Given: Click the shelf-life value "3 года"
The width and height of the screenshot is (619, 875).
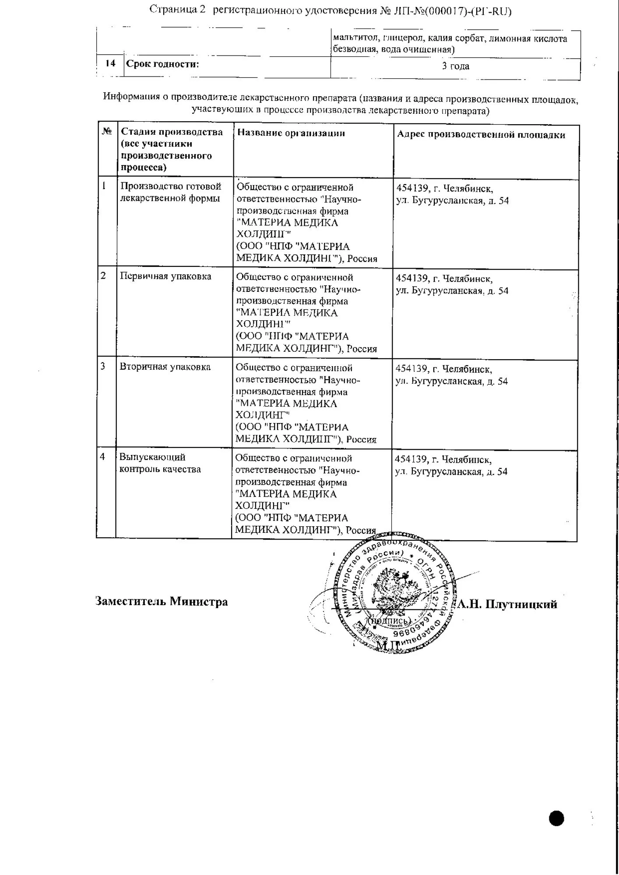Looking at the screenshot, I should pos(455,66).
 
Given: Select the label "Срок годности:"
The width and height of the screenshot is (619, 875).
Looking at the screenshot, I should pos(162,64).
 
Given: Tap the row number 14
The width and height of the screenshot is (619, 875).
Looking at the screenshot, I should pos(110,63).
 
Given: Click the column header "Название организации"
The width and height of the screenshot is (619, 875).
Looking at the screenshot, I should pos(291,133).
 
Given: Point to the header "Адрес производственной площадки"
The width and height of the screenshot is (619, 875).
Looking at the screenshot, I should pos(481,135).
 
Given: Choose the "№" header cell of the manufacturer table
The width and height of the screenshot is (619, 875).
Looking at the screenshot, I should pos(107,131).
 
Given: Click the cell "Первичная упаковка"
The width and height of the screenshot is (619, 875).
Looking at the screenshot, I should pos(165,276).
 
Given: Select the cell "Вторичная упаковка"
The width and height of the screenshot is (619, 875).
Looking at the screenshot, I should pos(165,367).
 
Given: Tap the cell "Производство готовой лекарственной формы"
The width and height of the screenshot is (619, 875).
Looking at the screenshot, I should pos(171,192).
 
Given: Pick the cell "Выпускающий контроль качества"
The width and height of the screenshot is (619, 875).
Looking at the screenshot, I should pos(160,463).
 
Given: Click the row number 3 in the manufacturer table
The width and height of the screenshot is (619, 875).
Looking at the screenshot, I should pos(103,366).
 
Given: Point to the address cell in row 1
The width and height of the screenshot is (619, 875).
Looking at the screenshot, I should pos(453,195).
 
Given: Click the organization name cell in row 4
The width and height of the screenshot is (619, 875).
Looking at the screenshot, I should pos(306,494).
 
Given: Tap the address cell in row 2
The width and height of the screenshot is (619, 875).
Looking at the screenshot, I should pos(452,285).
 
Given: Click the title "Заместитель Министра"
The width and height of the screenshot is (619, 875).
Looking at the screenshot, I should pos(162,601).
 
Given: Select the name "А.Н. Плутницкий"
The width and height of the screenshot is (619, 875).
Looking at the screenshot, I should pos(507,604).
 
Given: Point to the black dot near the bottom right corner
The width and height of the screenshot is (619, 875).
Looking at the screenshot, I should pos(556,818).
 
